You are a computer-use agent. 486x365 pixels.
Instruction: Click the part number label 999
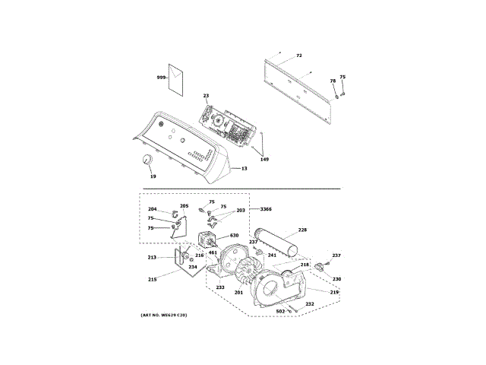[x=161, y=78]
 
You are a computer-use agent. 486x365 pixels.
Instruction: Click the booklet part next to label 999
[x=177, y=79]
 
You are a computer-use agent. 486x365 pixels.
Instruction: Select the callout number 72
[x=299, y=56]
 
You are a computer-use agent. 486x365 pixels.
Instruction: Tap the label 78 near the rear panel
[x=333, y=81]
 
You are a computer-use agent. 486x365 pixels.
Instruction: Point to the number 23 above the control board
[x=206, y=96]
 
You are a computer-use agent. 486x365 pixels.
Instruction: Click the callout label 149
[x=264, y=159]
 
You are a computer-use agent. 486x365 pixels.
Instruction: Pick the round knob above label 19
[x=144, y=159]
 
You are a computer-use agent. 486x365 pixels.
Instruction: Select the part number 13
[x=245, y=168]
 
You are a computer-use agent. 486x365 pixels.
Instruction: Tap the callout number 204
[x=152, y=209]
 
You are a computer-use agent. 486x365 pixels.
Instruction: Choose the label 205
[x=184, y=205]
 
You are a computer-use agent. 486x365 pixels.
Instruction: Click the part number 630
[x=234, y=236]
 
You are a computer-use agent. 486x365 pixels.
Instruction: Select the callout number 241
[x=272, y=255]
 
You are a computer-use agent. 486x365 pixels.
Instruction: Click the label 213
[x=152, y=257]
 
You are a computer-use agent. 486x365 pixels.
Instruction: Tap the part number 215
[x=152, y=279]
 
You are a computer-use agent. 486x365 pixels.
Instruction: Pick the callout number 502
[x=279, y=312]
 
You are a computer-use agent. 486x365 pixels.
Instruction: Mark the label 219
[x=334, y=292]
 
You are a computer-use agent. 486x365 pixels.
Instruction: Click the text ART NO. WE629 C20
[x=163, y=315]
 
